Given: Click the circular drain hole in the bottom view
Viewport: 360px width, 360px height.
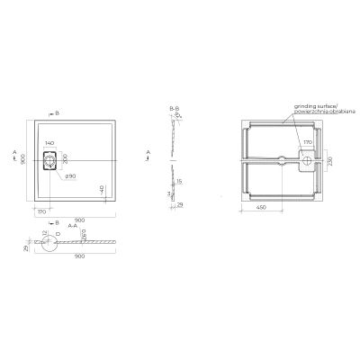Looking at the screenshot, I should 307,161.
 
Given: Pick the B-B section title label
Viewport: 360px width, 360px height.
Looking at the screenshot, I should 174,107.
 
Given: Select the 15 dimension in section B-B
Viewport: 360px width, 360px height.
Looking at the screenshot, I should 180,181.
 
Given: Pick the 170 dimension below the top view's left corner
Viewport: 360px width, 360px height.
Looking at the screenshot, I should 41,212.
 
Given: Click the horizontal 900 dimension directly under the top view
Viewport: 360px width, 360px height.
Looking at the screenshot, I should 79,218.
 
